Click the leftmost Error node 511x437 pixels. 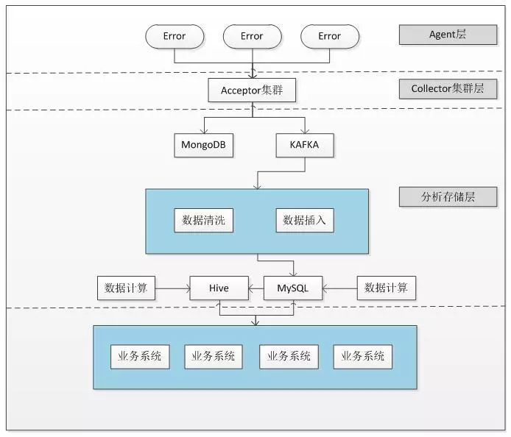tap(175, 36)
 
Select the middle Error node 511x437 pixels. tap(252, 36)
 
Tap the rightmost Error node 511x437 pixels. tap(329, 36)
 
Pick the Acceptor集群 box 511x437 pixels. tap(252, 91)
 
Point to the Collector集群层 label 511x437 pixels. tap(448, 90)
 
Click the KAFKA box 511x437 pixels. tap(304, 145)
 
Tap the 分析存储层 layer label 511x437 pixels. tap(448, 197)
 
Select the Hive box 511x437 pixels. tap(219, 288)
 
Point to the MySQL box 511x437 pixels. tap(293, 288)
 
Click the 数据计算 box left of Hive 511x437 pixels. tap(127, 288)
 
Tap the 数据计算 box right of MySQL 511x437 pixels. tap(386, 288)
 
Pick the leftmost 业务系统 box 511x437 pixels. tap(140, 356)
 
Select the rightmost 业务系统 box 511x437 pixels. tap(363, 356)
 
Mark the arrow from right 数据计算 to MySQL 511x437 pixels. tap(340, 288)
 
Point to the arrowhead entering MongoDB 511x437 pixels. tap(204, 131)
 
